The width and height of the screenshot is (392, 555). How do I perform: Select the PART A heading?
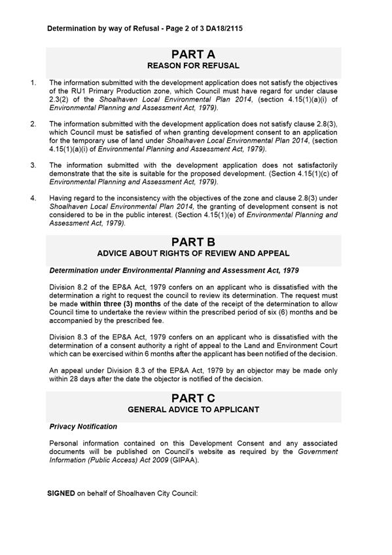coord(193,54)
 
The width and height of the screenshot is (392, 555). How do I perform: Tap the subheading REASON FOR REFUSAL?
coord(193,66)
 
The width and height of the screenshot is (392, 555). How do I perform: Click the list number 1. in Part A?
coord(33,83)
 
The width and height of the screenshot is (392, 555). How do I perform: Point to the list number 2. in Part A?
coord(33,124)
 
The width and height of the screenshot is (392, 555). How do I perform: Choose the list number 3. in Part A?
coord(33,165)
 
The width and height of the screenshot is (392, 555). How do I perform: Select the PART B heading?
coord(193,242)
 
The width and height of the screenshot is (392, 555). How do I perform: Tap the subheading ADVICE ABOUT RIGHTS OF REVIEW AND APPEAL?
coord(193,254)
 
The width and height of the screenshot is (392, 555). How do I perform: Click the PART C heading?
coord(193,398)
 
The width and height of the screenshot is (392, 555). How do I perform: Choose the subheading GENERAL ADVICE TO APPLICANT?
coord(193,410)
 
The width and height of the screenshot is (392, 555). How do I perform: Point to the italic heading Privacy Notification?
coord(83,427)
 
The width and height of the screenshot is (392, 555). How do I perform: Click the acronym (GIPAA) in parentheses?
coord(191,460)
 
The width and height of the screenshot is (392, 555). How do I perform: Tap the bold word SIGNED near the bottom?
coord(61,493)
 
